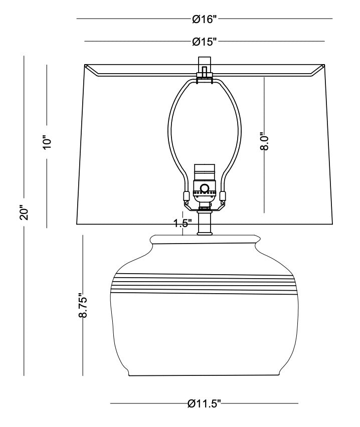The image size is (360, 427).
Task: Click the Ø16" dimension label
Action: pyautogui.click(x=204, y=20)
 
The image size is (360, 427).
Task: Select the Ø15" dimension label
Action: pyautogui.click(x=204, y=42)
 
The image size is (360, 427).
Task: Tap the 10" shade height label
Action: pyautogui.click(x=48, y=142)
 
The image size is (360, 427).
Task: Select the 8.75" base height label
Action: pyautogui.click(x=83, y=306)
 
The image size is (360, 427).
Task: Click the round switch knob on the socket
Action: pyautogui.click(x=205, y=188)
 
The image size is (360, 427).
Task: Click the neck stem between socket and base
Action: pyautogui.click(x=205, y=223)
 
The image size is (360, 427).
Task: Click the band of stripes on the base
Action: pyautogui.click(x=205, y=283)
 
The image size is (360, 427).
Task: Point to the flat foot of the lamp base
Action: pyautogui.click(x=205, y=373)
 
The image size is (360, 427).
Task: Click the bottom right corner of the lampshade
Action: pyautogui.click(x=332, y=223)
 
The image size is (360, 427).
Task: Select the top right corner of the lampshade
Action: pyautogui.click(x=324, y=65)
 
